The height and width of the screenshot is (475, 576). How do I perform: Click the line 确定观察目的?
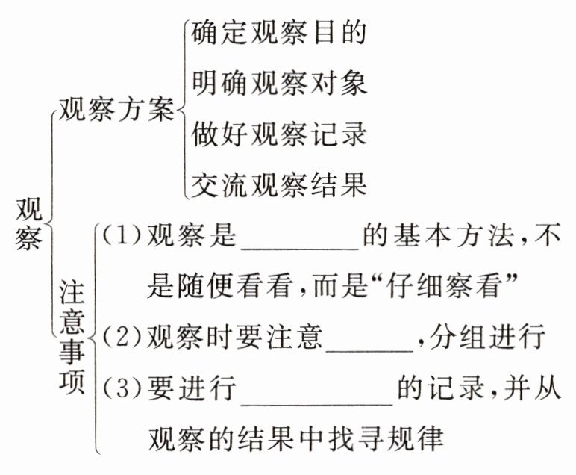[278, 33]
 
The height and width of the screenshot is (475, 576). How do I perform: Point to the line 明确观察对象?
[278, 83]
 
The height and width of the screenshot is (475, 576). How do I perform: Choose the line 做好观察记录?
[278, 134]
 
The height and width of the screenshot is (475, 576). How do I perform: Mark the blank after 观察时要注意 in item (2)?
[369, 341]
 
